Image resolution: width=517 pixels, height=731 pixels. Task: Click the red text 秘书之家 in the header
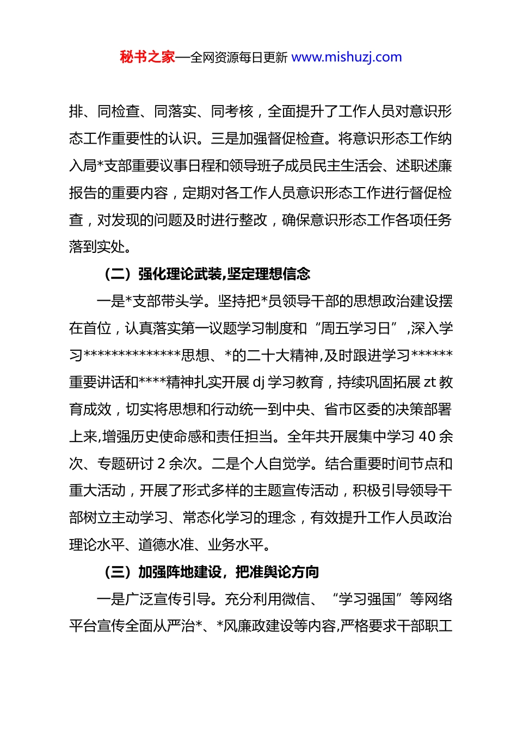tap(147, 57)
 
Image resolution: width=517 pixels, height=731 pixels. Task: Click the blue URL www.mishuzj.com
tap(347, 57)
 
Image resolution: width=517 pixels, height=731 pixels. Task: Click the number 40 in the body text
tap(428, 436)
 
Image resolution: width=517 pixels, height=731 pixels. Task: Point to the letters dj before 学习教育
tap(259, 382)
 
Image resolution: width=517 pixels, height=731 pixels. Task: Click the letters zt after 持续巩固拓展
tap(430, 382)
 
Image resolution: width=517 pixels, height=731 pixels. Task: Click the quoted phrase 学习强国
tap(367, 599)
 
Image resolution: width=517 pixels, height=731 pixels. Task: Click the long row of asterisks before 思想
tap(132, 355)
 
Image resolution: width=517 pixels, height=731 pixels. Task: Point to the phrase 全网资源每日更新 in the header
tap(239, 57)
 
